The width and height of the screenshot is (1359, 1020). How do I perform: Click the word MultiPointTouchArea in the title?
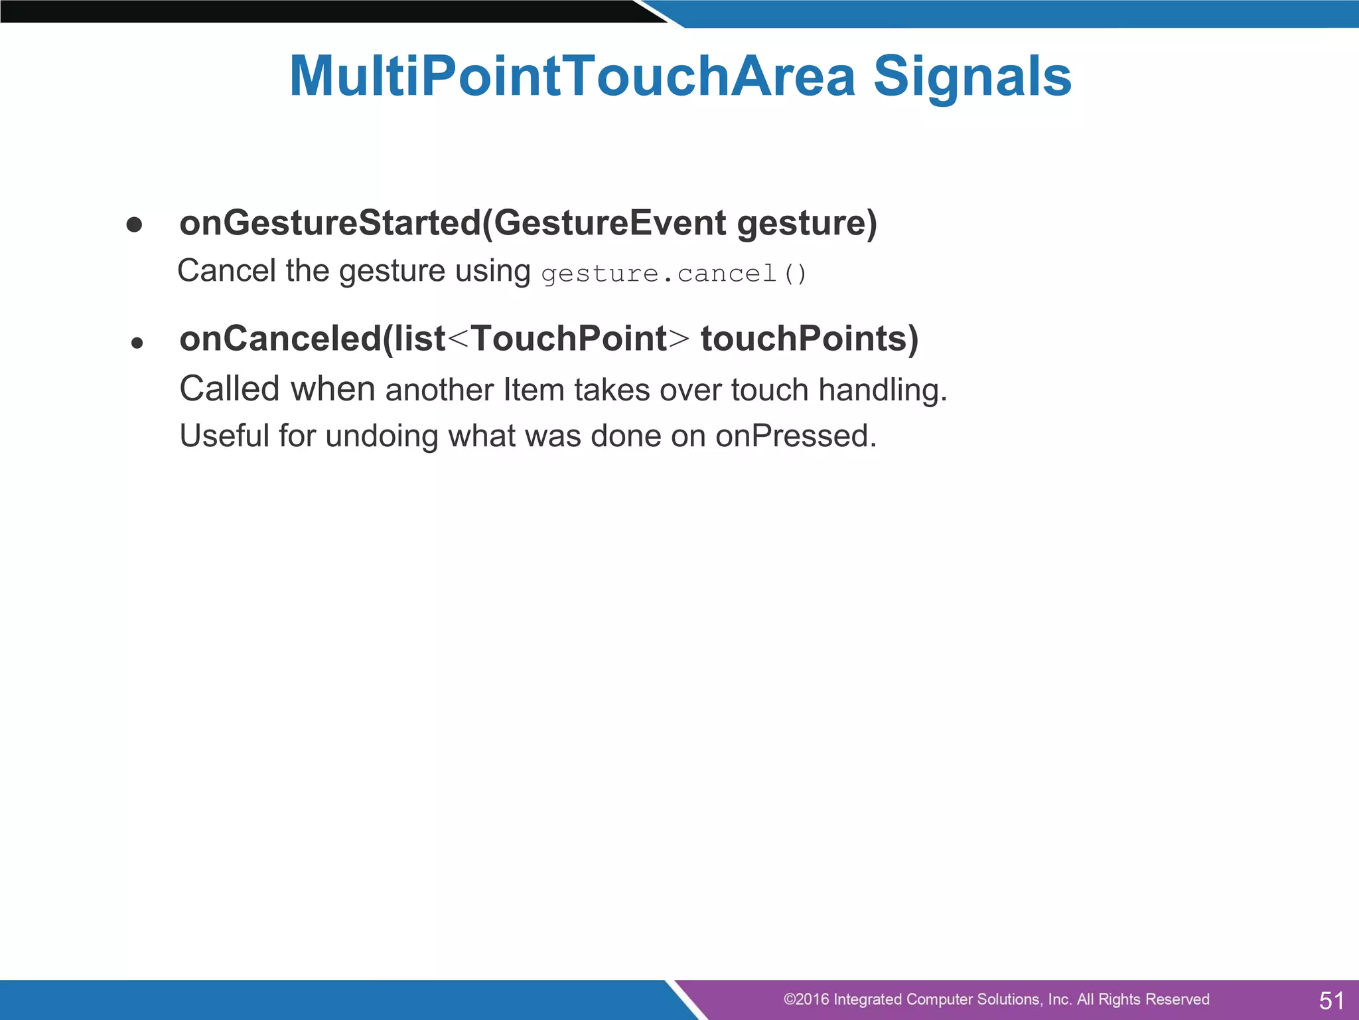(572, 76)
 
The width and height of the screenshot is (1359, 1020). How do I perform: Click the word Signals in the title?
(972, 76)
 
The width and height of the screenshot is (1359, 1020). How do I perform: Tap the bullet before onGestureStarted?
(134, 225)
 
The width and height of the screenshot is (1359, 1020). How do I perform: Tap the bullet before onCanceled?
(137, 343)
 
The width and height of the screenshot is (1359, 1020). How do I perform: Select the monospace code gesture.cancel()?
(674, 274)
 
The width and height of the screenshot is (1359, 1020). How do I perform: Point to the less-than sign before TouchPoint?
(458, 339)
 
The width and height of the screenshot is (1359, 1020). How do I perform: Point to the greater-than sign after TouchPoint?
(678, 339)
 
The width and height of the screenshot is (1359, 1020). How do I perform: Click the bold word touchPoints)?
(810, 339)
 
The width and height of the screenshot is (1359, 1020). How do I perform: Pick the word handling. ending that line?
(883, 390)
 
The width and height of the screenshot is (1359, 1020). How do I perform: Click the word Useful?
(224, 436)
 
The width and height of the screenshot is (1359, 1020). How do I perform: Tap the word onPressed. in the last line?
(796, 436)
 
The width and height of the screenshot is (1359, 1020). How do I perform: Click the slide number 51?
(1331, 1000)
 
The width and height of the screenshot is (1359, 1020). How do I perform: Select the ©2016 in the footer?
(806, 999)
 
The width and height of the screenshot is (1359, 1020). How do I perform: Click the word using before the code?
(492, 271)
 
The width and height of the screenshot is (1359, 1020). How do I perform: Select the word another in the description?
(439, 390)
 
